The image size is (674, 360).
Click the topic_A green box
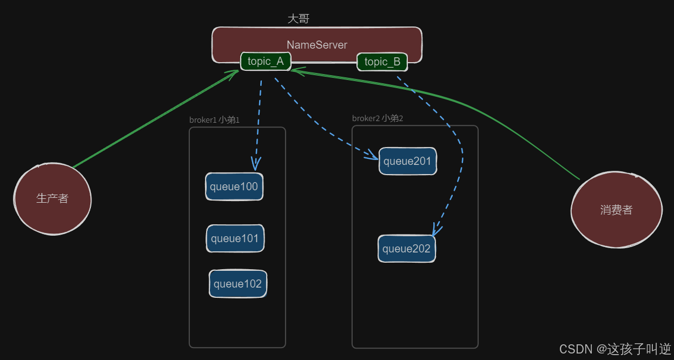click(266, 62)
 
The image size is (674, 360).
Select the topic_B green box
click(382, 62)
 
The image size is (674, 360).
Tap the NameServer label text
click(316, 45)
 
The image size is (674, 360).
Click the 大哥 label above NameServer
click(298, 19)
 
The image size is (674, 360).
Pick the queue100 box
click(234, 187)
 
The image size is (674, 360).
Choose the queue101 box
click(235, 238)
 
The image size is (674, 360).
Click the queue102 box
click(237, 284)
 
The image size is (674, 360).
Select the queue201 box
click(407, 161)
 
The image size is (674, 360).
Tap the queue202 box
click(406, 249)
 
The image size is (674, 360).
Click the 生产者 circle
click(52, 199)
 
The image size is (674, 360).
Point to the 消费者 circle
click(616, 210)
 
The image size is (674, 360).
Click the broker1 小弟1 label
click(214, 120)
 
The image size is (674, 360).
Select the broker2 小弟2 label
click(378, 118)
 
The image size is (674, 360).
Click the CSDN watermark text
click(615, 349)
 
